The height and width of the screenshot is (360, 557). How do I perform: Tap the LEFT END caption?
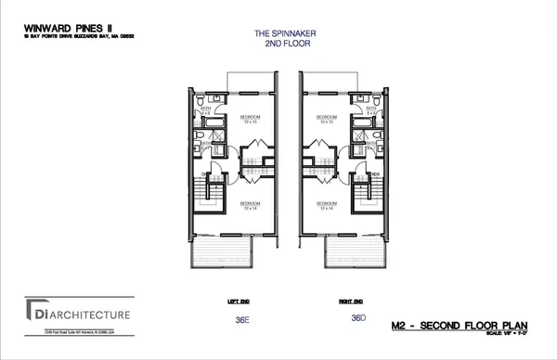tap(236, 301)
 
